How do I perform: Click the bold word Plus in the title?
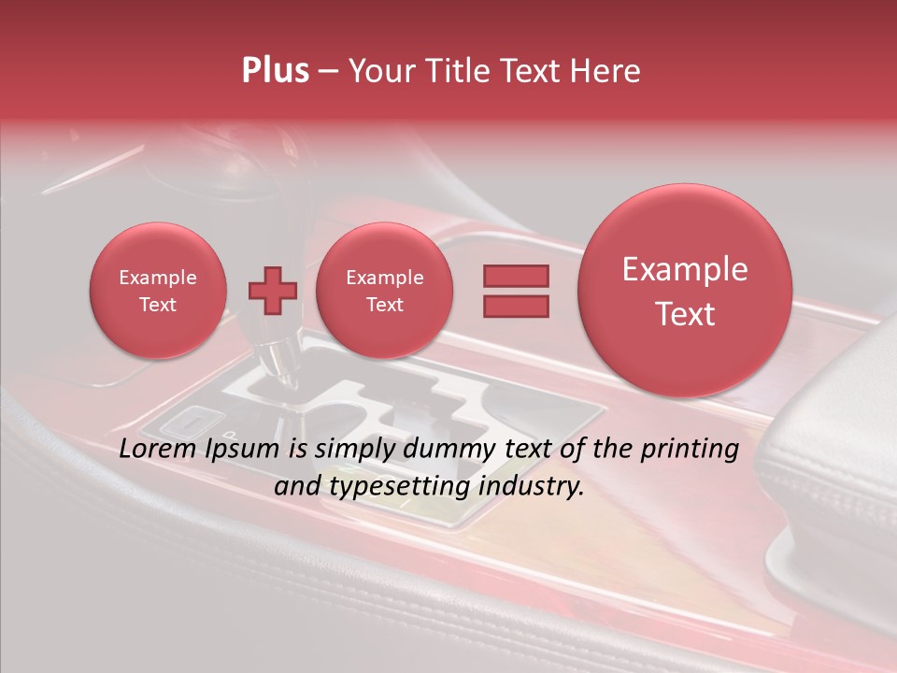[275, 71]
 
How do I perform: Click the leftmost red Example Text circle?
[157, 291]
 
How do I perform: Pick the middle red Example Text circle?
[384, 291]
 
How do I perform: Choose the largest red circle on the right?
[685, 291]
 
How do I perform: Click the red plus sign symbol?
[272, 291]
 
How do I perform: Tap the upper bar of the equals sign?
[516, 276]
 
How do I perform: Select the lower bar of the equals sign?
[516, 307]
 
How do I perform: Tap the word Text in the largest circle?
[685, 314]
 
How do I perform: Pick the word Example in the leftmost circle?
[157, 278]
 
